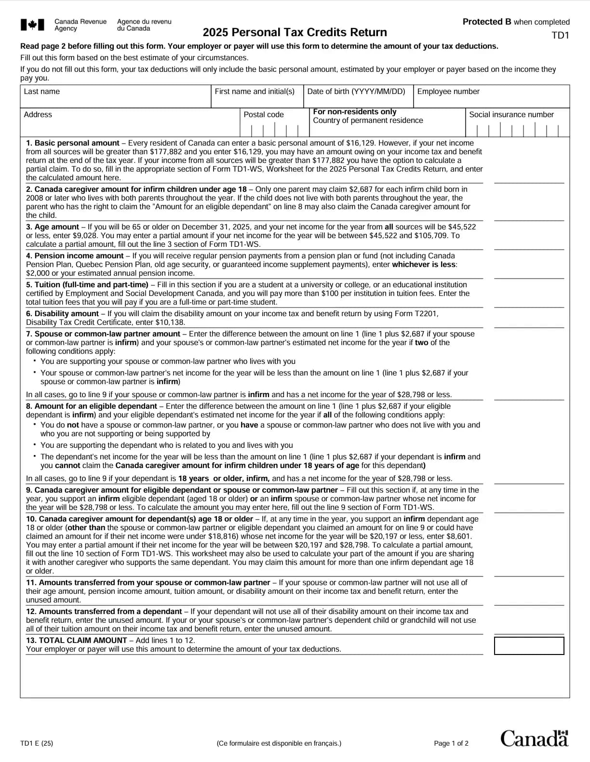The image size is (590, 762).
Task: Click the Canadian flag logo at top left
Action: pyautogui.click(x=32, y=25)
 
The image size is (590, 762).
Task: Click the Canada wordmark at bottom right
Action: pyautogui.click(x=534, y=738)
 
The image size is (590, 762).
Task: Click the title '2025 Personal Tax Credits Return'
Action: pyautogui.click(x=295, y=32)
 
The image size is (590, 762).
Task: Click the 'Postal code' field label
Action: pyautogui.click(x=264, y=115)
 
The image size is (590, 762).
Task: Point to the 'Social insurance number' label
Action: pyautogui.click(x=511, y=115)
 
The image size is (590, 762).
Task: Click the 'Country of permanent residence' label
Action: pyautogui.click(x=368, y=120)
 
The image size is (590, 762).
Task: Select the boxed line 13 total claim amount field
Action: pyautogui.click(x=529, y=646)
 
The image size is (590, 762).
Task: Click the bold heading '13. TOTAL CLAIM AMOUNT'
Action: pyautogui.click(x=77, y=641)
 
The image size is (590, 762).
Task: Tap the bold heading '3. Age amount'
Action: pyautogui.click(x=53, y=227)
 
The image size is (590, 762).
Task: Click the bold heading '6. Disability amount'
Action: pyautogui.click(x=62, y=314)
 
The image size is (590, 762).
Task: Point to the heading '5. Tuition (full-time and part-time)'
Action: pyautogui.click(x=87, y=285)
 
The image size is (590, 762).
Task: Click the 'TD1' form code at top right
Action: pyautogui.click(x=560, y=35)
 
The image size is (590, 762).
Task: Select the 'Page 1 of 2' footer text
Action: pyautogui.click(x=451, y=743)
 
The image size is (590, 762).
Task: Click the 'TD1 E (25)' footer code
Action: pyautogui.click(x=37, y=743)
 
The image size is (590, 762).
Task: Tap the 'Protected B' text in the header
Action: pyautogui.click(x=487, y=22)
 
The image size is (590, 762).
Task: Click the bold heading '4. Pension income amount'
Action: pyautogui.click(x=75, y=256)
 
